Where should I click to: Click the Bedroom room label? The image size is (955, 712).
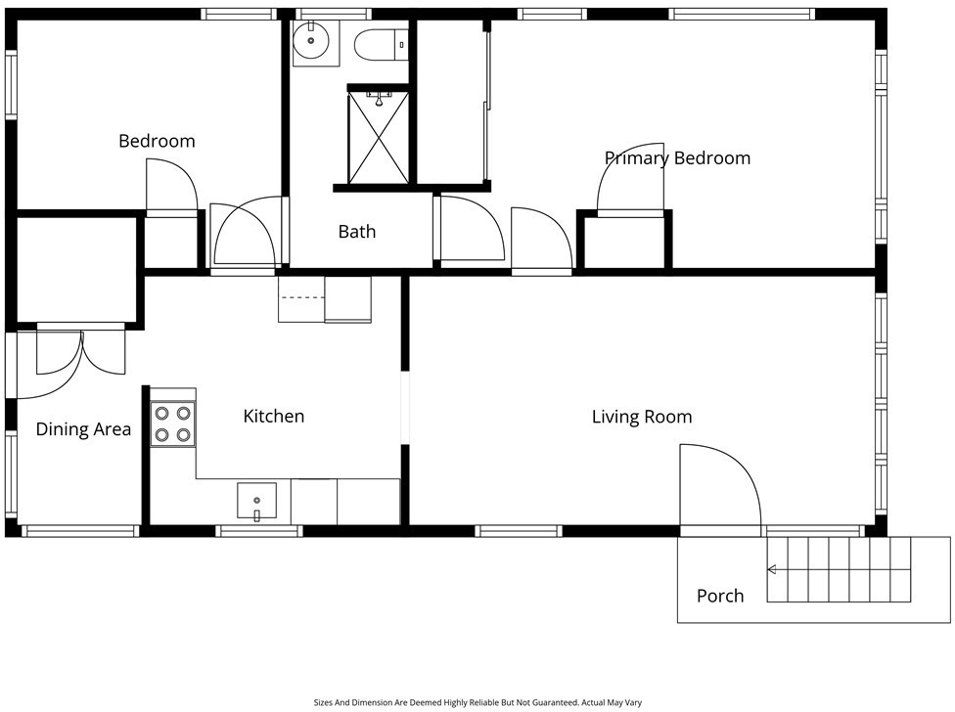(157, 141)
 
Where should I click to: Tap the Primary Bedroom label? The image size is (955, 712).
(677, 158)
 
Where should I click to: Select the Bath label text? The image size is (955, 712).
(357, 231)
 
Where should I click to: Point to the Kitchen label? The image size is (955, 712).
(273, 417)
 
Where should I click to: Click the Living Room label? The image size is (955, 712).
(642, 417)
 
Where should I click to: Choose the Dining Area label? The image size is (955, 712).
(83, 429)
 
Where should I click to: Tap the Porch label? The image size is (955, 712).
(720, 596)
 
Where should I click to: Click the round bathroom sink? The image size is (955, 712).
(310, 40)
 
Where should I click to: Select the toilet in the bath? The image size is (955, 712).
(381, 45)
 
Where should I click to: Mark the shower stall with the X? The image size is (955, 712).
(379, 137)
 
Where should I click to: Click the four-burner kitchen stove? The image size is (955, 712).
(173, 424)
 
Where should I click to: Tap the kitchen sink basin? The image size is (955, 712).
(257, 502)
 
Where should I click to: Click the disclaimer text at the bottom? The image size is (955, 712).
(477, 703)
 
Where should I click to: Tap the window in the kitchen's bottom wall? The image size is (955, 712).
(259, 531)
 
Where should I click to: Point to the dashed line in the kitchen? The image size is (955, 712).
(301, 297)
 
